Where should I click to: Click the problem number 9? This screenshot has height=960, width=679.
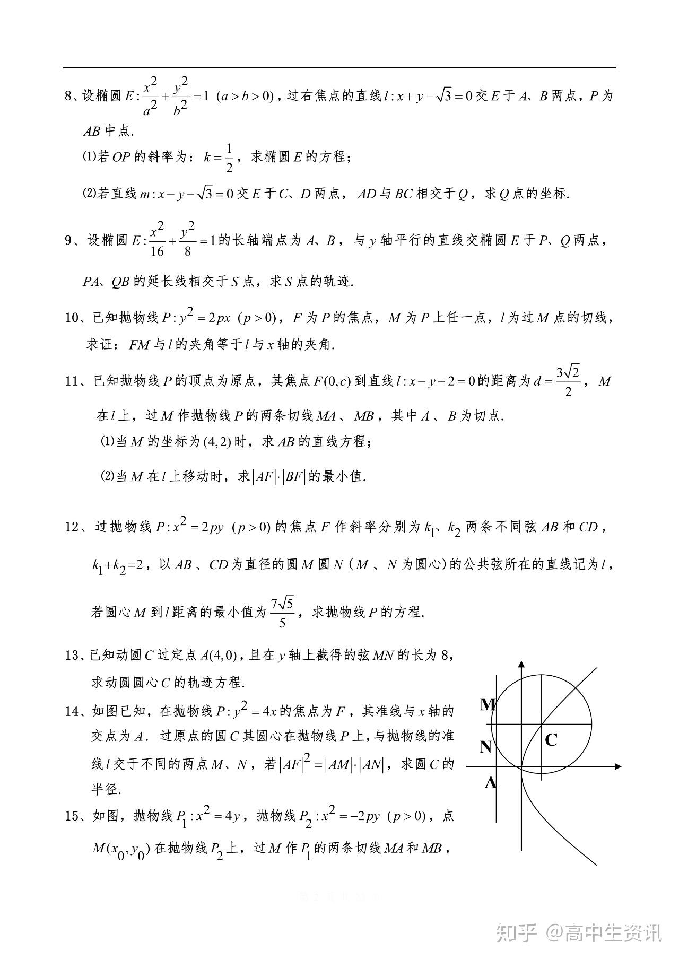[68, 241]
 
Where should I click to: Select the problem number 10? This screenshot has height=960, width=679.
[72, 318]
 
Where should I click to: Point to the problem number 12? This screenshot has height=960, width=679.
[72, 527]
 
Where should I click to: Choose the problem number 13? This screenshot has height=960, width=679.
[72, 656]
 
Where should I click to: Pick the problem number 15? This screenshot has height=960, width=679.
[72, 816]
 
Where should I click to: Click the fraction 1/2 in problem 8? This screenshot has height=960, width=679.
[229, 158]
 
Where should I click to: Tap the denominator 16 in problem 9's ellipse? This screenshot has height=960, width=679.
[158, 251]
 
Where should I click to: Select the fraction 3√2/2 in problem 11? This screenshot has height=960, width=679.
[568, 381]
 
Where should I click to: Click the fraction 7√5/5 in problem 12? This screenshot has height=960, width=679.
[282, 613]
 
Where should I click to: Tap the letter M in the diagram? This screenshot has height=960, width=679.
[488, 704]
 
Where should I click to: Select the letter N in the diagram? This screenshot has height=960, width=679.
[486, 747]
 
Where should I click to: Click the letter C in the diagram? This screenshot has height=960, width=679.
[551, 740]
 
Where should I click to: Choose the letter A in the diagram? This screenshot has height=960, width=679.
[490, 782]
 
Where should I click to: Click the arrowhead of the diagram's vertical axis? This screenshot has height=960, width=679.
[522, 665]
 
